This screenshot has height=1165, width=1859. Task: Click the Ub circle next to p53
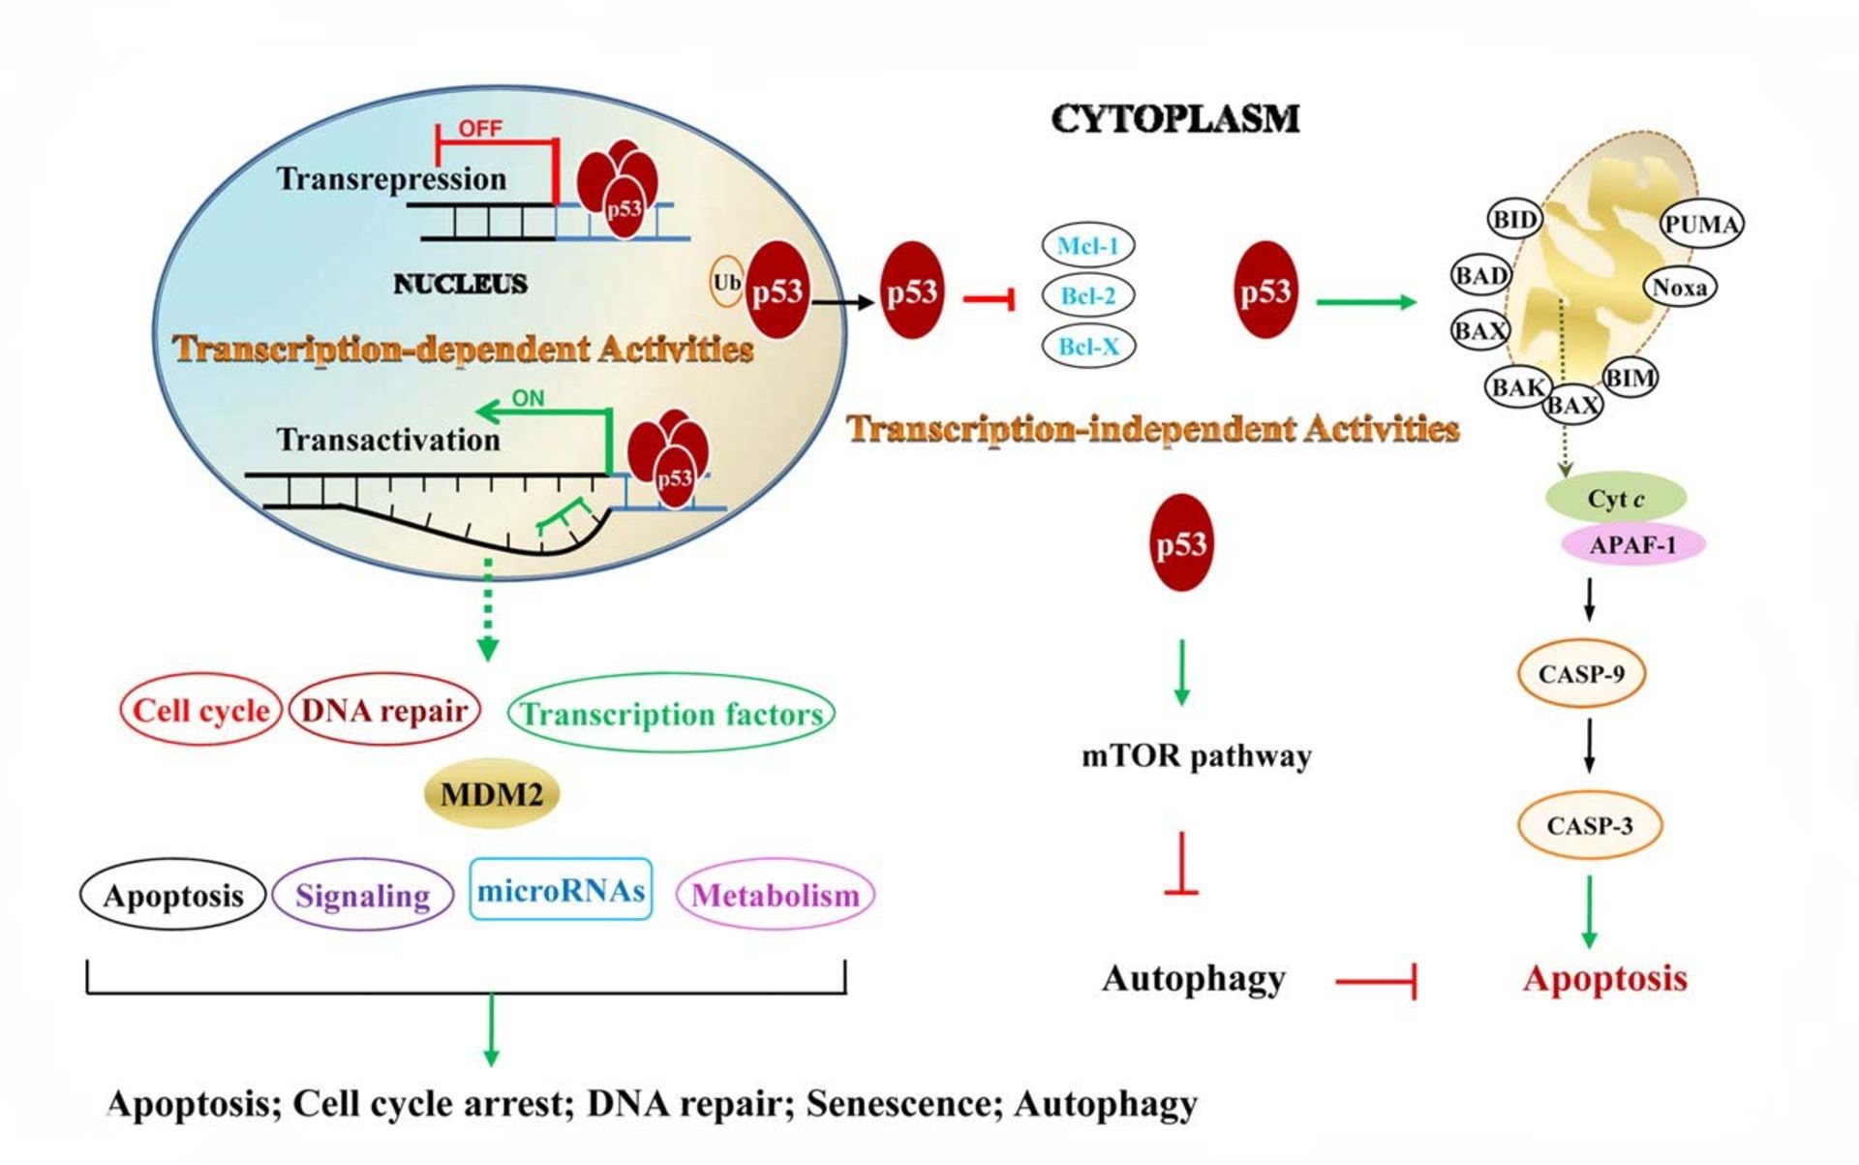[x=726, y=283]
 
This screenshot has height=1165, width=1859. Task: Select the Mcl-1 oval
[x=1087, y=245]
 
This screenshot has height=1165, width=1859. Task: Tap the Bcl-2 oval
[x=1087, y=295]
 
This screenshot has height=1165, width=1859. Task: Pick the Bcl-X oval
[x=1087, y=346]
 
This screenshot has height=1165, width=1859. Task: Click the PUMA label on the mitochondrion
[x=1701, y=224]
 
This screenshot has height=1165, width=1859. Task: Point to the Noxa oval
[x=1679, y=287]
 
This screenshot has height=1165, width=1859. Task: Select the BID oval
[x=1514, y=219]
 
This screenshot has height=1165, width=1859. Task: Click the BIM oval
[x=1630, y=378]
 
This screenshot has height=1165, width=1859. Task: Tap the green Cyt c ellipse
[x=1615, y=499]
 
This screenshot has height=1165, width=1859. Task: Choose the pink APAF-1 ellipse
[x=1632, y=544]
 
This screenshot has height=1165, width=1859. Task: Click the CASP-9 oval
[x=1581, y=673]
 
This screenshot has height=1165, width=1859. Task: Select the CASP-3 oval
[x=1589, y=825]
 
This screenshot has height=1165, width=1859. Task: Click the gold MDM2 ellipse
[x=492, y=794]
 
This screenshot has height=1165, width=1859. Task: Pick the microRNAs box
[x=561, y=889]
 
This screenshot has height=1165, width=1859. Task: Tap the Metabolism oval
[x=776, y=895]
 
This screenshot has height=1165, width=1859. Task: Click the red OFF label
[x=480, y=128]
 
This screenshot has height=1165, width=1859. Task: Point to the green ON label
[x=528, y=397]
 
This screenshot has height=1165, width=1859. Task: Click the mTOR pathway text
[x=1196, y=755]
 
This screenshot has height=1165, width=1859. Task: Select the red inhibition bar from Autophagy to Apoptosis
[x=1376, y=981]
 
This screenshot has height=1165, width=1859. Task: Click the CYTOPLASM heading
[x=1174, y=118]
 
